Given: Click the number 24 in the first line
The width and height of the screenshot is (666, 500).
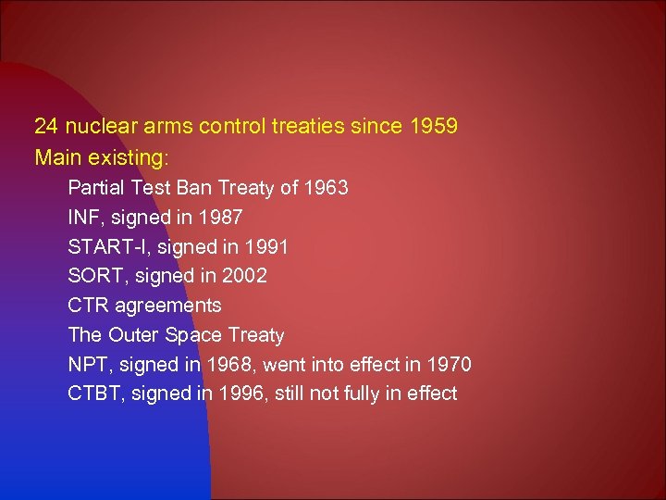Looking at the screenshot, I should [45, 126].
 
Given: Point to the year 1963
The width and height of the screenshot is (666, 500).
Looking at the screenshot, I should [327, 188].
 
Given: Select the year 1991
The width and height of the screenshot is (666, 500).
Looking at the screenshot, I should [266, 247].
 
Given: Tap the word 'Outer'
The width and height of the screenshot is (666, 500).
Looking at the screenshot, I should [131, 335].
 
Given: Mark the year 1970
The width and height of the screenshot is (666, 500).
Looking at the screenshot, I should [449, 365].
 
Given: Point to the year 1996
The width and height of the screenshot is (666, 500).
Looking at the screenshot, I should [242, 394].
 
